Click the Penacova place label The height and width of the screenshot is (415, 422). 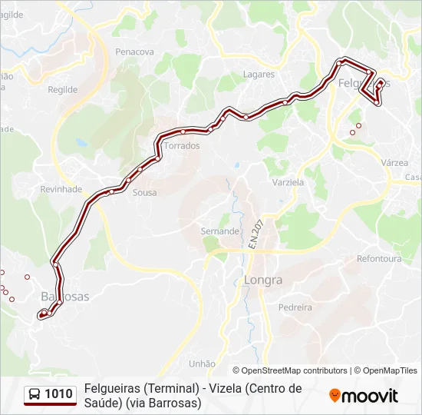(134, 51)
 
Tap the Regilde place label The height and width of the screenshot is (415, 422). (63, 89)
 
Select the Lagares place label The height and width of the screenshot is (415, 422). (259, 75)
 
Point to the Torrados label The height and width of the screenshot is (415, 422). (182, 145)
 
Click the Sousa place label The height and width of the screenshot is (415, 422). (144, 193)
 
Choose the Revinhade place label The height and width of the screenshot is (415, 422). (61, 189)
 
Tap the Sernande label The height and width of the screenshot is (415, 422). (220, 231)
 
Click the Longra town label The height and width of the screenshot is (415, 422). (263, 281)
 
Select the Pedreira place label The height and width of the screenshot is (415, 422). (295, 307)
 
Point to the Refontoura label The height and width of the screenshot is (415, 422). (379, 259)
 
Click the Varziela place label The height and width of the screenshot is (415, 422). (288, 183)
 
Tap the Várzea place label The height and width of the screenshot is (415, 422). (394, 163)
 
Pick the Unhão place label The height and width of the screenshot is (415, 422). (202, 364)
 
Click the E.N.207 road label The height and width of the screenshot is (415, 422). (255, 234)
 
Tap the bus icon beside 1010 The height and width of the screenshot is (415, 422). (35, 395)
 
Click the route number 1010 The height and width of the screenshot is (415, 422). (59, 395)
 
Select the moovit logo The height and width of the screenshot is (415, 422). (364, 396)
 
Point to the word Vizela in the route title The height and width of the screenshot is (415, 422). (221, 389)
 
